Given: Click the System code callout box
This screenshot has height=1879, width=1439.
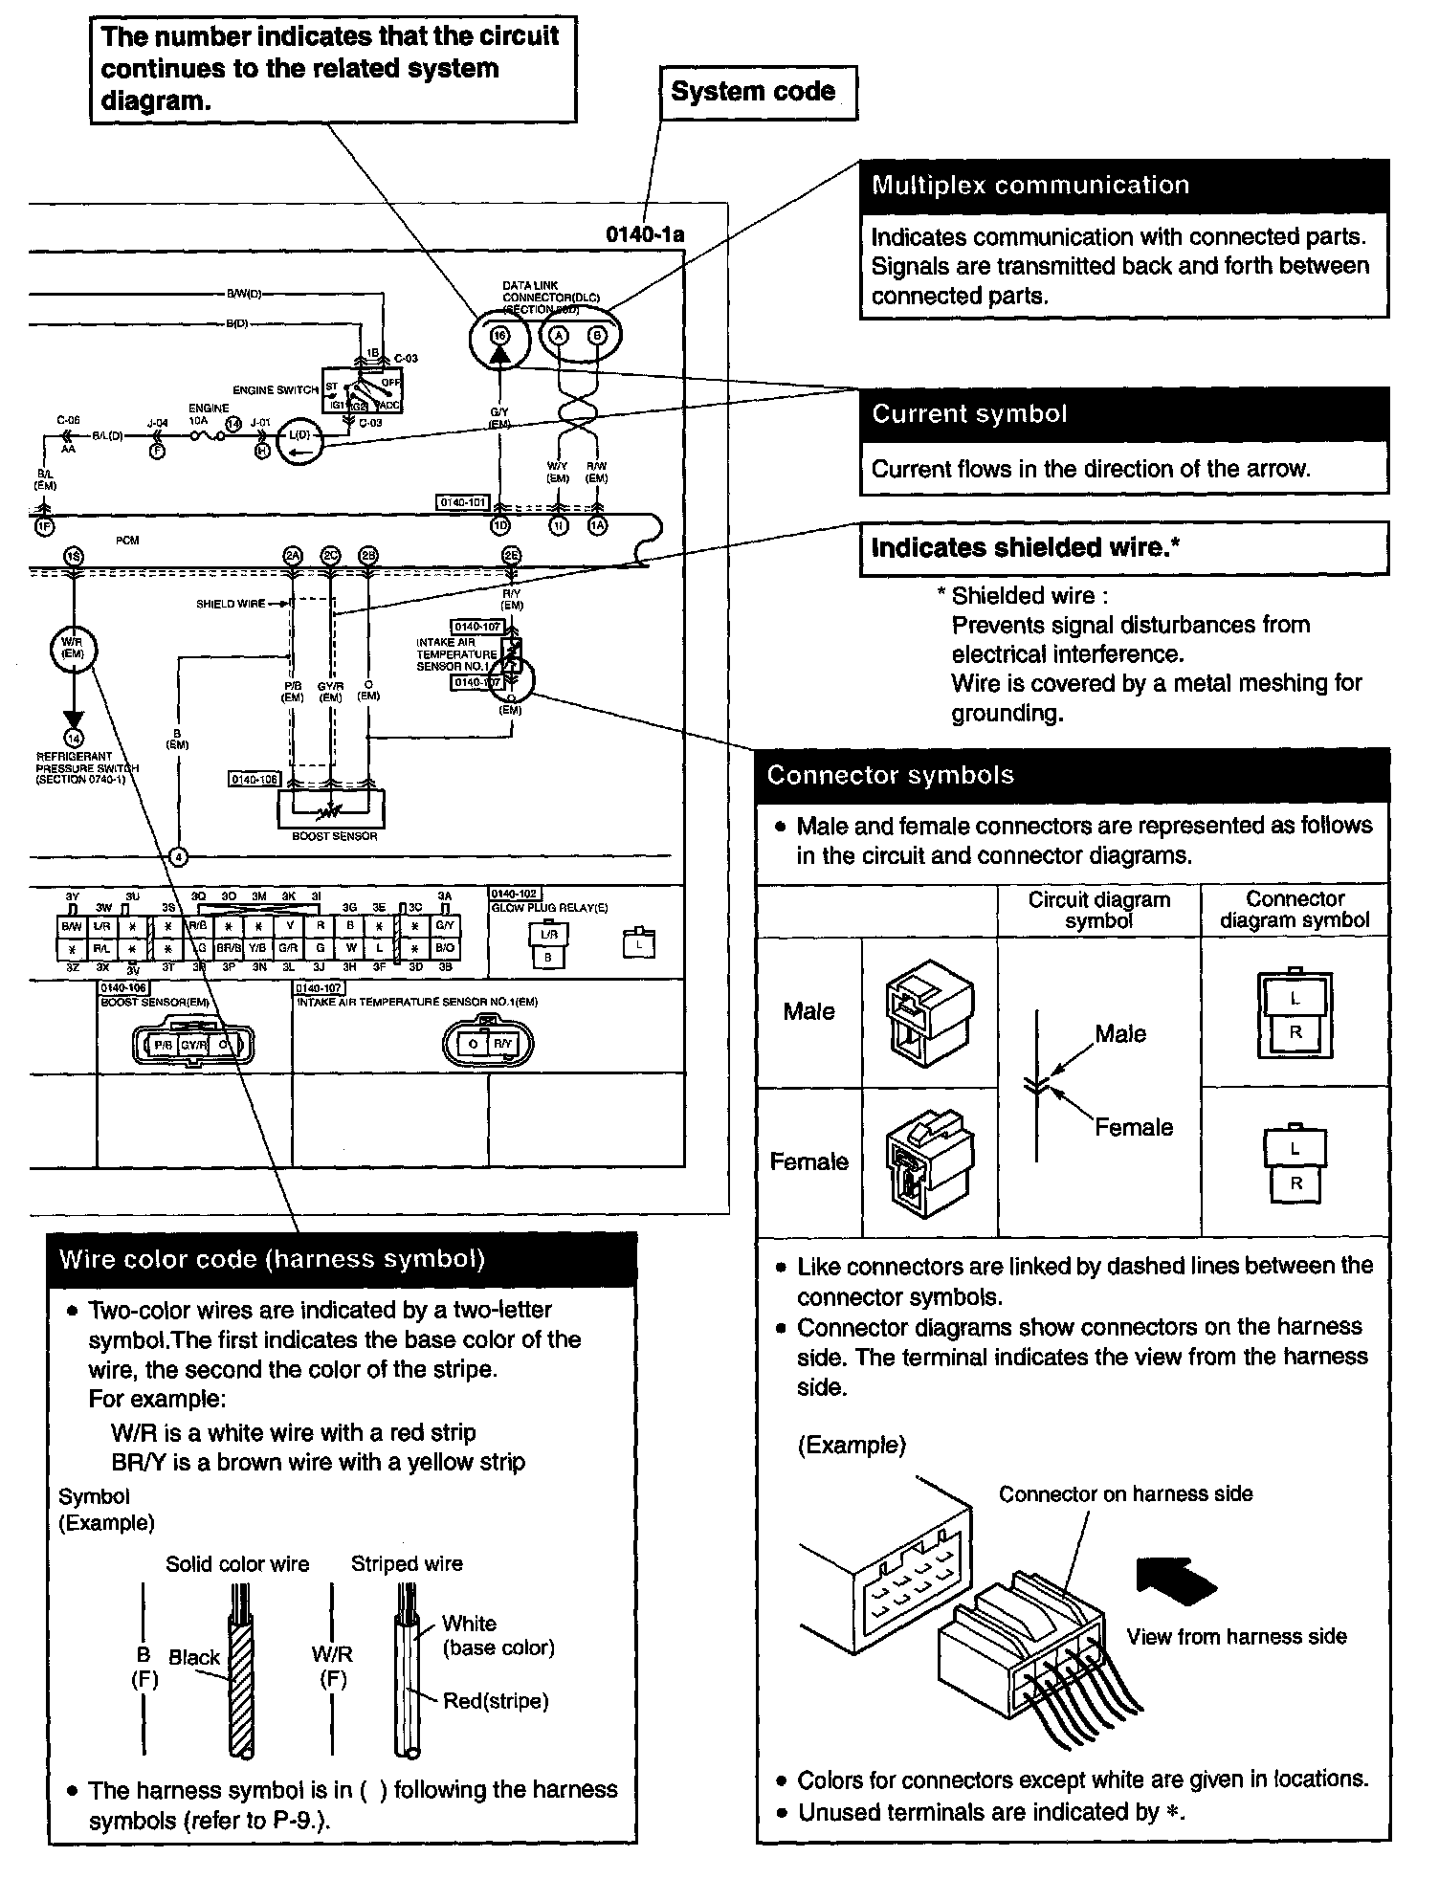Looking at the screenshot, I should tap(758, 92).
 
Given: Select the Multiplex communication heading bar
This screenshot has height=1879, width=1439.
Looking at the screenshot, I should tap(1124, 186).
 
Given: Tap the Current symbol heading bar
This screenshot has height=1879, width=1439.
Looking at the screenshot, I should tap(1124, 414).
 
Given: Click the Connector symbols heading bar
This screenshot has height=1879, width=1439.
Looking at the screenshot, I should tap(1073, 775).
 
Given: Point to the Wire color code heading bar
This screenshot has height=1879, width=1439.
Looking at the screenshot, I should tap(343, 1259).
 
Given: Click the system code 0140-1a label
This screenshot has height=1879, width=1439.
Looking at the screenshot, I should tap(645, 235).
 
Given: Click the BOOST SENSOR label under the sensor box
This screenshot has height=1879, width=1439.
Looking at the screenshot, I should tap(334, 836).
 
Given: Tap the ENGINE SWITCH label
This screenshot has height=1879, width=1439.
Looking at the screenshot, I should tap(276, 390).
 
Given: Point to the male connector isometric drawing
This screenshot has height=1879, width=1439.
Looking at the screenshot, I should tap(929, 1012).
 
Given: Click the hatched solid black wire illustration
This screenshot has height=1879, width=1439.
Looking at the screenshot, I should tap(241, 1674).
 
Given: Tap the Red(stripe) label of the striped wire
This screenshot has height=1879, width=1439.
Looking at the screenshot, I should tap(495, 1701).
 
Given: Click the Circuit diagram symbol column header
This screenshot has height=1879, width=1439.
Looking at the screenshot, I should tap(1098, 910).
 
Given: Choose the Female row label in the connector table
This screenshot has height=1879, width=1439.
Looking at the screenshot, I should tap(809, 1161).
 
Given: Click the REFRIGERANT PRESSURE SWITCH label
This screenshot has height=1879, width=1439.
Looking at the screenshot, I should tap(86, 767).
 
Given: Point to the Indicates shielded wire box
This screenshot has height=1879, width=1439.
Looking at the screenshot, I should tap(1124, 548).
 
